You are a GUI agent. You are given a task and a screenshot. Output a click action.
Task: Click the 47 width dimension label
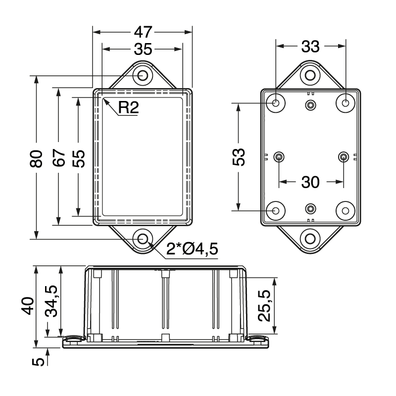click(x=143, y=32)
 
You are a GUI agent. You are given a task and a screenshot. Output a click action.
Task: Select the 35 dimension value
click(x=143, y=49)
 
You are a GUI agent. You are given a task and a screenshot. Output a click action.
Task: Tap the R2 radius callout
click(x=128, y=108)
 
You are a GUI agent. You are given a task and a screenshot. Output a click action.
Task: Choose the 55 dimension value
click(x=78, y=157)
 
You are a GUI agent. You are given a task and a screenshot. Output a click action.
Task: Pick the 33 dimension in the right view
click(x=310, y=47)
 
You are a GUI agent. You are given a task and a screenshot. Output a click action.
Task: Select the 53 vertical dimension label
click(x=239, y=157)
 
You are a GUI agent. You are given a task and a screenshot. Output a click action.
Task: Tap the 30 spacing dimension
click(x=310, y=182)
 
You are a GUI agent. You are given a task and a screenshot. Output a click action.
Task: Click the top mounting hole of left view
click(x=143, y=76)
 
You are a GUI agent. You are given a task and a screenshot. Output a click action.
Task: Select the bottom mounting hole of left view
click(x=143, y=239)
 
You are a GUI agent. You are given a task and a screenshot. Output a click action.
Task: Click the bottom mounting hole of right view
click(x=310, y=239)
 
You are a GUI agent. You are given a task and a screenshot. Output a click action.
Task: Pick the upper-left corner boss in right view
click(x=276, y=103)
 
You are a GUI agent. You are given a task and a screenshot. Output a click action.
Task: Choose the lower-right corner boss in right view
click(x=345, y=211)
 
